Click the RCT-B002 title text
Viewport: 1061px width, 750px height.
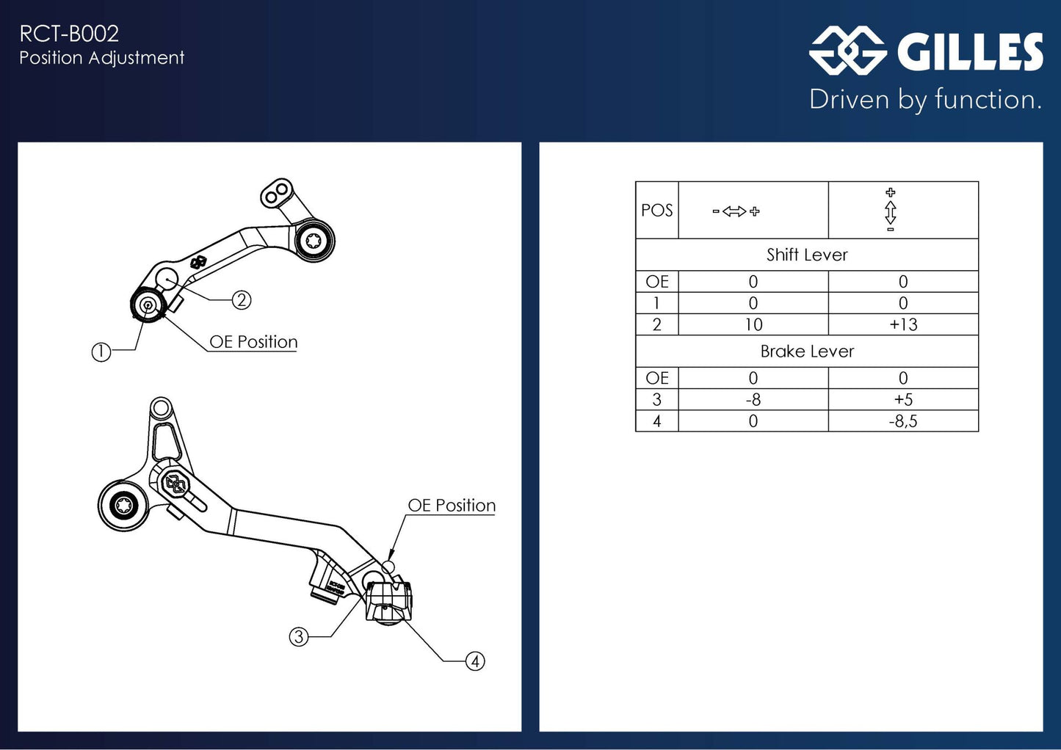[x=69, y=34]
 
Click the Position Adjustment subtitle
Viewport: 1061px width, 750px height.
[x=101, y=58]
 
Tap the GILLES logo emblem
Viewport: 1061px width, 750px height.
[x=847, y=51]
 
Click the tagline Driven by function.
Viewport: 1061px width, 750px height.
[x=925, y=99]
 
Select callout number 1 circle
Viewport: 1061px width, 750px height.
[x=101, y=352]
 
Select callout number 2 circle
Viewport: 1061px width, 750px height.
[x=242, y=299]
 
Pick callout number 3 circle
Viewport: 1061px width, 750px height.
[x=298, y=636]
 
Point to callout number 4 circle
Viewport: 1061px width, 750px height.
[x=475, y=661]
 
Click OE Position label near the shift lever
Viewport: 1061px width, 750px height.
[x=253, y=342]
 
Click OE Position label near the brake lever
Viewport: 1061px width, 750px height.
[x=452, y=506]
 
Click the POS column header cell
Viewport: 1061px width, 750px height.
[x=656, y=211]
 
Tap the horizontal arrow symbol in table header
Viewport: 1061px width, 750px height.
[x=735, y=211]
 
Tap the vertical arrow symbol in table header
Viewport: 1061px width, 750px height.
[x=890, y=211]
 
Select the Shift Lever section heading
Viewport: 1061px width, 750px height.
[x=806, y=255]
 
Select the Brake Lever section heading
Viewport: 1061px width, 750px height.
[x=806, y=352]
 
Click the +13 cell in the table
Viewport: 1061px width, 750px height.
[x=903, y=325]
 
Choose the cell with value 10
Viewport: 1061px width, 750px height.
[x=753, y=325]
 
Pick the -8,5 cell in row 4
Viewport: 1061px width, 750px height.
[x=903, y=421]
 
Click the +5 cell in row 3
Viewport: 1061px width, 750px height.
[x=903, y=400]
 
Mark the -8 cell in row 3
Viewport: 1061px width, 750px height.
[x=753, y=400]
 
